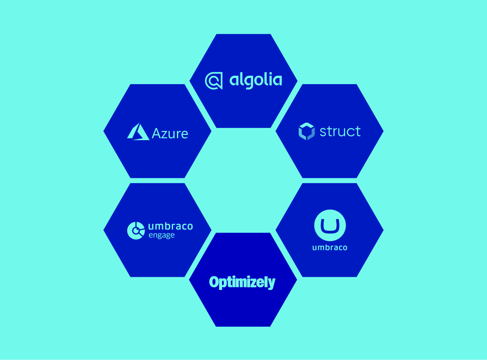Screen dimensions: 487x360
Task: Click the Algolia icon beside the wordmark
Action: [214, 81]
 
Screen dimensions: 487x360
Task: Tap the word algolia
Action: [256, 81]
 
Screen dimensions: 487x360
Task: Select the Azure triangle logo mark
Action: [138, 132]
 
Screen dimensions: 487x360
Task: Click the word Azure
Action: [170, 134]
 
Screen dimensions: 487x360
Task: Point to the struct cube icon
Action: [307, 131]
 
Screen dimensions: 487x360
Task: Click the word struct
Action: [340, 131]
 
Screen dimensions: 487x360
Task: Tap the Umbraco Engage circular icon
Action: [136, 230]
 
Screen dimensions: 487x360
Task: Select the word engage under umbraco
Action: [162, 235]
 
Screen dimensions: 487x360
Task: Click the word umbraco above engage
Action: [170, 226]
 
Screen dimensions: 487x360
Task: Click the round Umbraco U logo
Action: [330, 225]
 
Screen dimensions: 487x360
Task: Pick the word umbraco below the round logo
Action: [330, 247]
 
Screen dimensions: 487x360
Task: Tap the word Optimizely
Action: [242, 282]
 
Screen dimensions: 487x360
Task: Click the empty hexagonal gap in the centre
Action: [243, 180]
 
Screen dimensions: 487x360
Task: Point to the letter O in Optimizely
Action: [214, 282]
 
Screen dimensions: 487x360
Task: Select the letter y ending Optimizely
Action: [272, 284]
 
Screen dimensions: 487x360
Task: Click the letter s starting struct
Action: [323, 132]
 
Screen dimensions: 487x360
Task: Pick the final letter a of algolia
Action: [277, 81]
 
